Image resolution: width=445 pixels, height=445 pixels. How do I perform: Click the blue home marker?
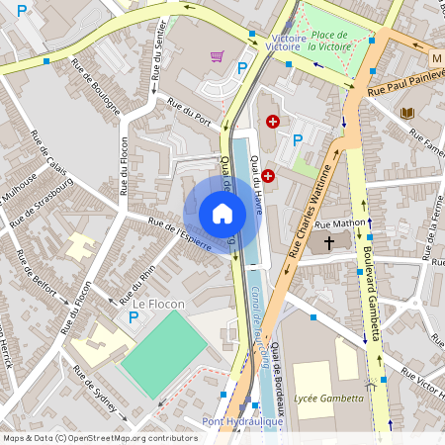coord(222,213)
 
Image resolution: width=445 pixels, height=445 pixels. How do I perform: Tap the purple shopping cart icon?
coord(217,56)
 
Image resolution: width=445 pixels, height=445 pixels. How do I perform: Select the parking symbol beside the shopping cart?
coord(242,68)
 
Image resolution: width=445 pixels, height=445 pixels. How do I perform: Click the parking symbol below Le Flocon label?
coord(133,317)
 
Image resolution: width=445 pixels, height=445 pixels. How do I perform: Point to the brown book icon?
coord(407,113)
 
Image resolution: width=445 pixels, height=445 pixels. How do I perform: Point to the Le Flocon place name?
coord(158,304)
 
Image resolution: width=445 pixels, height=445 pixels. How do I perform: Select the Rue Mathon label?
coord(339,224)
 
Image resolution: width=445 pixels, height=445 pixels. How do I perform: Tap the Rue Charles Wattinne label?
coord(310,211)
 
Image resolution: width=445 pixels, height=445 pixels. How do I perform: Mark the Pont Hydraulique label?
coord(242,421)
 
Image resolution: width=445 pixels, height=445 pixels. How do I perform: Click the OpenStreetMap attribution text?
coord(100,437)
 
